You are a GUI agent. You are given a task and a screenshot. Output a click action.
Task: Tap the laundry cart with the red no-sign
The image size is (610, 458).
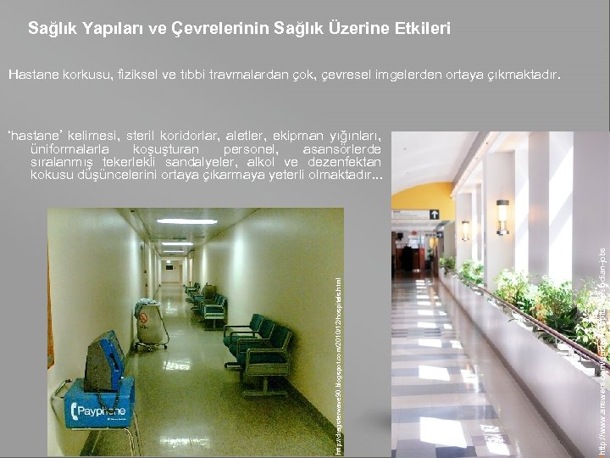click(151, 323)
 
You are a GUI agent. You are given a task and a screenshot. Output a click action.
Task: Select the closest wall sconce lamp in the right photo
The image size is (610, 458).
click(502, 215)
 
